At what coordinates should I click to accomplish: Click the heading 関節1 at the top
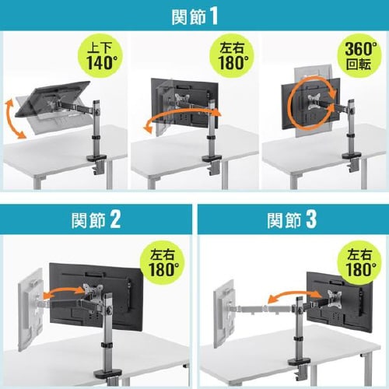[x=194, y=16]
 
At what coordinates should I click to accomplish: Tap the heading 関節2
[x=96, y=220]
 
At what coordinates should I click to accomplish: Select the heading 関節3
[x=292, y=220]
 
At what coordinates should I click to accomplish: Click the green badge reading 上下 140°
[x=100, y=56]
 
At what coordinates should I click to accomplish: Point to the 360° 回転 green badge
[x=359, y=56]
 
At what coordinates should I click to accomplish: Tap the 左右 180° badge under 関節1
[x=232, y=56]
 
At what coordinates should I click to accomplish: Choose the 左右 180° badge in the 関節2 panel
[x=162, y=263]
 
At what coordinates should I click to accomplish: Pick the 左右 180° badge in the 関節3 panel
[x=359, y=263]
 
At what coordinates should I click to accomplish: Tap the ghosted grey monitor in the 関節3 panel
[x=225, y=314]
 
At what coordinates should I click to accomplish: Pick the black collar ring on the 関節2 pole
[x=106, y=345]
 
